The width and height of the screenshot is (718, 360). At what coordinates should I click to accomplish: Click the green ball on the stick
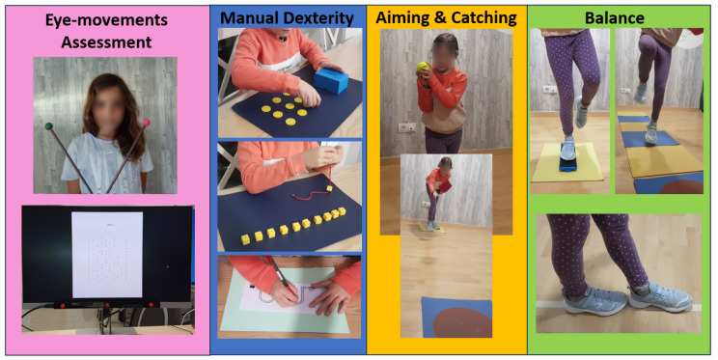pyautogui.click(x=48, y=126)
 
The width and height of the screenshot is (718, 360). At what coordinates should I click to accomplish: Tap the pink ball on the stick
pyautogui.click(x=146, y=123)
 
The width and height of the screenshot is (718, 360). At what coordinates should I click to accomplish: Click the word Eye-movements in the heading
pyautogui.click(x=106, y=20)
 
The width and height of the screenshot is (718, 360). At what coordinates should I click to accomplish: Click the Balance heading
pyautogui.click(x=615, y=18)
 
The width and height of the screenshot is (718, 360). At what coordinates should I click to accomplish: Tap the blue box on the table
pyautogui.click(x=331, y=81)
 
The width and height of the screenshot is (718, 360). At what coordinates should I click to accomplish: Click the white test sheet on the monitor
pyautogui.click(x=107, y=255)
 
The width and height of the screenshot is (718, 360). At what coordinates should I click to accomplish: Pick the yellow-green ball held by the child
pyautogui.click(x=422, y=67)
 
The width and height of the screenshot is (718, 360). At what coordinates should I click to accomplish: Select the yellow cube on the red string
pyautogui.click(x=330, y=188)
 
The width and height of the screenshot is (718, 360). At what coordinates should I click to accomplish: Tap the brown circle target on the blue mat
pyautogui.click(x=461, y=322)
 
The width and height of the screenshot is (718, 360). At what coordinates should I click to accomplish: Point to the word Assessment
pyautogui.click(x=106, y=42)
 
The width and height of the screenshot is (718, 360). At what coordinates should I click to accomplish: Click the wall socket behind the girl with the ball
pyautogui.click(x=406, y=127)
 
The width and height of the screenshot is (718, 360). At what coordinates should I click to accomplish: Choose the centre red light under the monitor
pyautogui.click(x=107, y=305)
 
